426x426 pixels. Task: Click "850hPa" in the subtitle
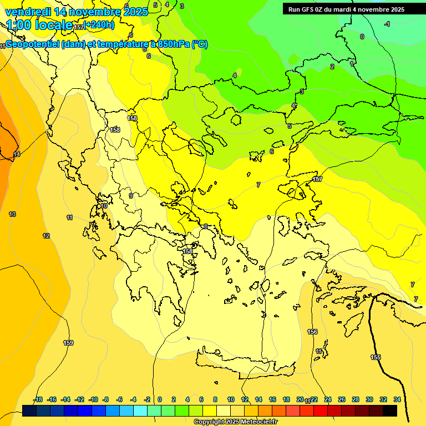tap(174, 44)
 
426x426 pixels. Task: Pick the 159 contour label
tap(68, 343)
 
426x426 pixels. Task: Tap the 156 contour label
tap(312, 332)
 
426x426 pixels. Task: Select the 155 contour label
tap(376, 357)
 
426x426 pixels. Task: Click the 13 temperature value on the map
tap(12, 214)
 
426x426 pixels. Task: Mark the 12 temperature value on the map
tap(46, 236)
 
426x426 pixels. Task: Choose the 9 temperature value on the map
tap(131, 196)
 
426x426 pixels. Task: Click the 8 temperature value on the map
tap(205, 226)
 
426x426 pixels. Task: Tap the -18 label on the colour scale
tap(38, 399)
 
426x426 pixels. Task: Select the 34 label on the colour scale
tap(397, 399)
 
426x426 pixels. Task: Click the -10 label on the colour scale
tap(93, 399)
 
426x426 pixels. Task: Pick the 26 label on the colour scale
tap(342, 399)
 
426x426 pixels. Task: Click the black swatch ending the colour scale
tap(390, 410)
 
